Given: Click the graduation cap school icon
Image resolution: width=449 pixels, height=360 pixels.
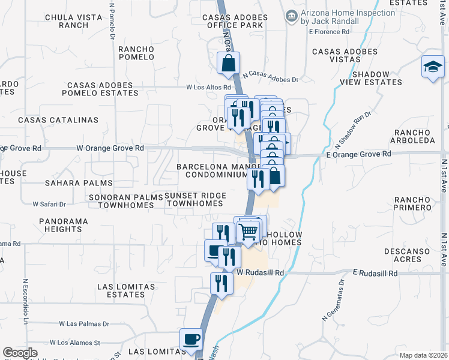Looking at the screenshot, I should tap(432, 67).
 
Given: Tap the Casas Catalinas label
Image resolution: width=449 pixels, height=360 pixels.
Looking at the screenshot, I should tap(58, 120).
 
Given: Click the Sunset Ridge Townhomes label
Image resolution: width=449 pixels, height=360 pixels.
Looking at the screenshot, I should tap(194, 200).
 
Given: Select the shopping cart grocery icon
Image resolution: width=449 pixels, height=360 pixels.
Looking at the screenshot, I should tap(249, 230).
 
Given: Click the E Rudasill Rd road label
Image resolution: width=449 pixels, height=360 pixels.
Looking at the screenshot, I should tap(375, 273).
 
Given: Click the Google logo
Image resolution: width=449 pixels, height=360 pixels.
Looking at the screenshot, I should tap(20, 353).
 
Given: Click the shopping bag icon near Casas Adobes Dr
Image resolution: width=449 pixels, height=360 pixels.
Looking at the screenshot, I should tap(229, 63).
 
